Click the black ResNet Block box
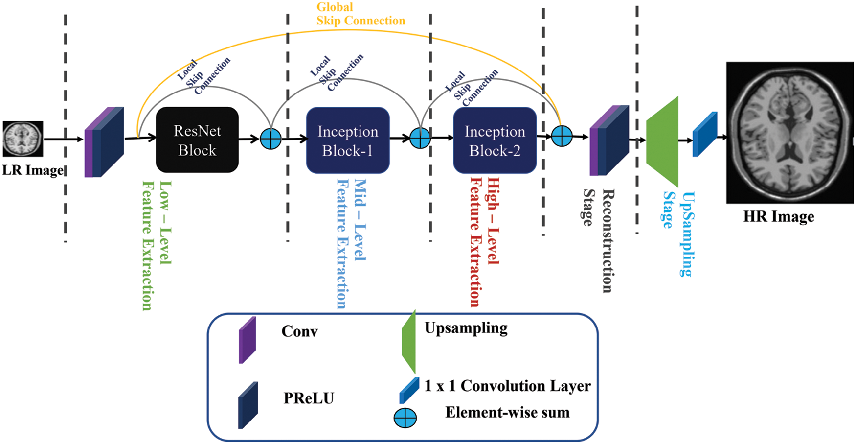(x=197, y=140)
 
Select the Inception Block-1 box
(x=348, y=140)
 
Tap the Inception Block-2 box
(x=495, y=140)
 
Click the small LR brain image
(x=23, y=139)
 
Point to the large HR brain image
(x=789, y=132)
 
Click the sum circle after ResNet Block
(x=270, y=139)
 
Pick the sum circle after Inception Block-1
(x=420, y=138)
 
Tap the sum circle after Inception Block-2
(x=562, y=136)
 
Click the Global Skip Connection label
(x=360, y=14)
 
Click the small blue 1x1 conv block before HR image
(x=705, y=135)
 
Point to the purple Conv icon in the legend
(x=248, y=340)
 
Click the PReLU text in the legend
(x=309, y=398)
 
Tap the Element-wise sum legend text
(x=507, y=413)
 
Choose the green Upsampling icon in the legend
(x=409, y=342)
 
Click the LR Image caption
(x=33, y=170)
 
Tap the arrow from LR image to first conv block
(x=64, y=139)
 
